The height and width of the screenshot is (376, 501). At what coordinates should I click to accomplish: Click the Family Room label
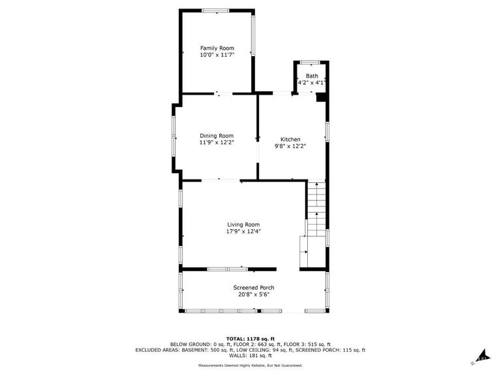(x=217, y=48)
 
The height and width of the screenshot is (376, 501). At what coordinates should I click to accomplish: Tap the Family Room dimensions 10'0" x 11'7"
(x=217, y=55)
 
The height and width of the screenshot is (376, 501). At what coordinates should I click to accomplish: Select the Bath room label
(x=312, y=76)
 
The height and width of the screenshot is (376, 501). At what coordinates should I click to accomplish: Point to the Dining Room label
(x=217, y=136)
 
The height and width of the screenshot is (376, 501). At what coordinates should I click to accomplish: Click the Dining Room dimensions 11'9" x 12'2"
(x=217, y=142)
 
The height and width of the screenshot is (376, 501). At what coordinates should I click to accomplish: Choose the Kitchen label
(x=290, y=140)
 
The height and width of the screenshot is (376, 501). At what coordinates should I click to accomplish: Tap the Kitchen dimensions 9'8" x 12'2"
(x=290, y=146)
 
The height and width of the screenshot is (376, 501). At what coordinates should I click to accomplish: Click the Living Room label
(x=243, y=225)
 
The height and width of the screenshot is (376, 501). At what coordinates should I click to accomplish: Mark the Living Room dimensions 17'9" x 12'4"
(x=243, y=232)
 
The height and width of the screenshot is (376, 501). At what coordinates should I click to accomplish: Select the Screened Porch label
(x=254, y=288)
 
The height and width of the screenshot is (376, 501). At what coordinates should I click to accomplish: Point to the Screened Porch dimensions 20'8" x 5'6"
(x=254, y=294)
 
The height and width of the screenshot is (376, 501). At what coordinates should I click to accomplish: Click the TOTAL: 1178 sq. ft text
(x=250, y=339)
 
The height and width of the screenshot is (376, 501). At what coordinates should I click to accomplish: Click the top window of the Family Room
(x=216, y=11)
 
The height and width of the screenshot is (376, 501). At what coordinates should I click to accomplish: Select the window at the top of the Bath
(x=311, y=63)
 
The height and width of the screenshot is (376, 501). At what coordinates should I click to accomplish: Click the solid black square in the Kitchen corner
(x=320, y=97)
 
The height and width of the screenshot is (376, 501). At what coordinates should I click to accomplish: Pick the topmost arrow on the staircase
(x=316, y=184)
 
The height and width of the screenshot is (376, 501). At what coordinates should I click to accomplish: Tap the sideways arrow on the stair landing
(x=306, y=252)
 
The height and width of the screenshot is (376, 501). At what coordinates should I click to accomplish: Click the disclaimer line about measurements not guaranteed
(x=250, y=365)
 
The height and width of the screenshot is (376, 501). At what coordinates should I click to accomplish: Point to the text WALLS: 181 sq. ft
(x=250, y=356)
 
